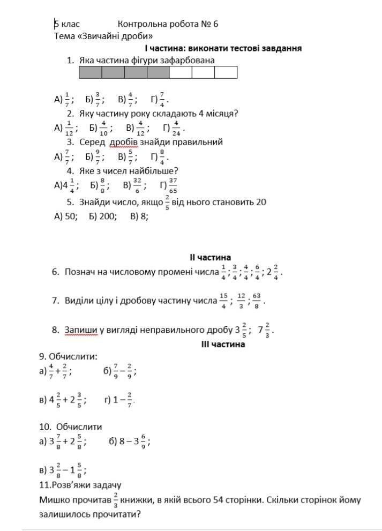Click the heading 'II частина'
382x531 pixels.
coord(210,258)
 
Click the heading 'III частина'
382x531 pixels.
coord(223,344)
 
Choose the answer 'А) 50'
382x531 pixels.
coord(66,216)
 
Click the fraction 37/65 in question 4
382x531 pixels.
coord(173,185)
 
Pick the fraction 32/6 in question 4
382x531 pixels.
coord(137,185)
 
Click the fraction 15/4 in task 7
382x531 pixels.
coord(223,300)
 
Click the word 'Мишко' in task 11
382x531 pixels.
coord(53,500)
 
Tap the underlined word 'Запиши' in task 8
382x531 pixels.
coord(80,330)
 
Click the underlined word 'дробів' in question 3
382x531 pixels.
coord(124,142)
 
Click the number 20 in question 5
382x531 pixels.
coord(261,202)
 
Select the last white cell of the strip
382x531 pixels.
coord(226,72)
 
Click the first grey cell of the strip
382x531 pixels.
coord(91,72)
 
